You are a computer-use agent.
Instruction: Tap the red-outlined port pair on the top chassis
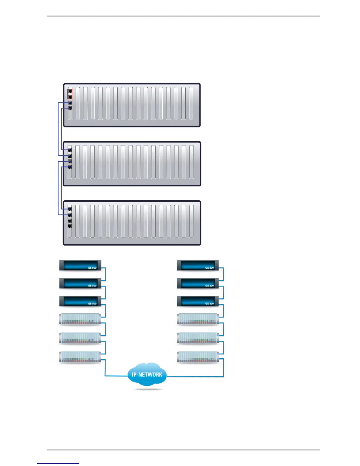(70, 94)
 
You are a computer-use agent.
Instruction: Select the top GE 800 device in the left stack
(80, 265)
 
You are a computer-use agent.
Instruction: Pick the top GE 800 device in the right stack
(198, 265)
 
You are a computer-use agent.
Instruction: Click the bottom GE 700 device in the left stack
(80, 357)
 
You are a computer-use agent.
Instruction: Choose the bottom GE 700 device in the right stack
(198, 357)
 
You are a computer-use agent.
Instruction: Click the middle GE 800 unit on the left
(80, 283)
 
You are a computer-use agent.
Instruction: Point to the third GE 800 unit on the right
(198, 301)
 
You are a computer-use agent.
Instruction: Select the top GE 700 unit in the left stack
(80, 319)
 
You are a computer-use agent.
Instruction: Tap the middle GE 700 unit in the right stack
(198, 338)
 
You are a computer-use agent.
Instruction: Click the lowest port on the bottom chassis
(70, 226)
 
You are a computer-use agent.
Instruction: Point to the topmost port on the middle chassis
(70, 150)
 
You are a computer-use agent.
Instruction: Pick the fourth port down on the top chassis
(70, 109)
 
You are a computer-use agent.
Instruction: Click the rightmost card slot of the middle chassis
(191, 162)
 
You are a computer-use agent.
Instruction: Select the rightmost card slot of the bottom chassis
(191, 221)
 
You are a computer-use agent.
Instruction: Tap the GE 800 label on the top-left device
(92, 268)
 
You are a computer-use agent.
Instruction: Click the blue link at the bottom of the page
(58, 463)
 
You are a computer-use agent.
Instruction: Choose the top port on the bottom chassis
(70, 209)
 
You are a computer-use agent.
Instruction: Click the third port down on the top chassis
(70, 103)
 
